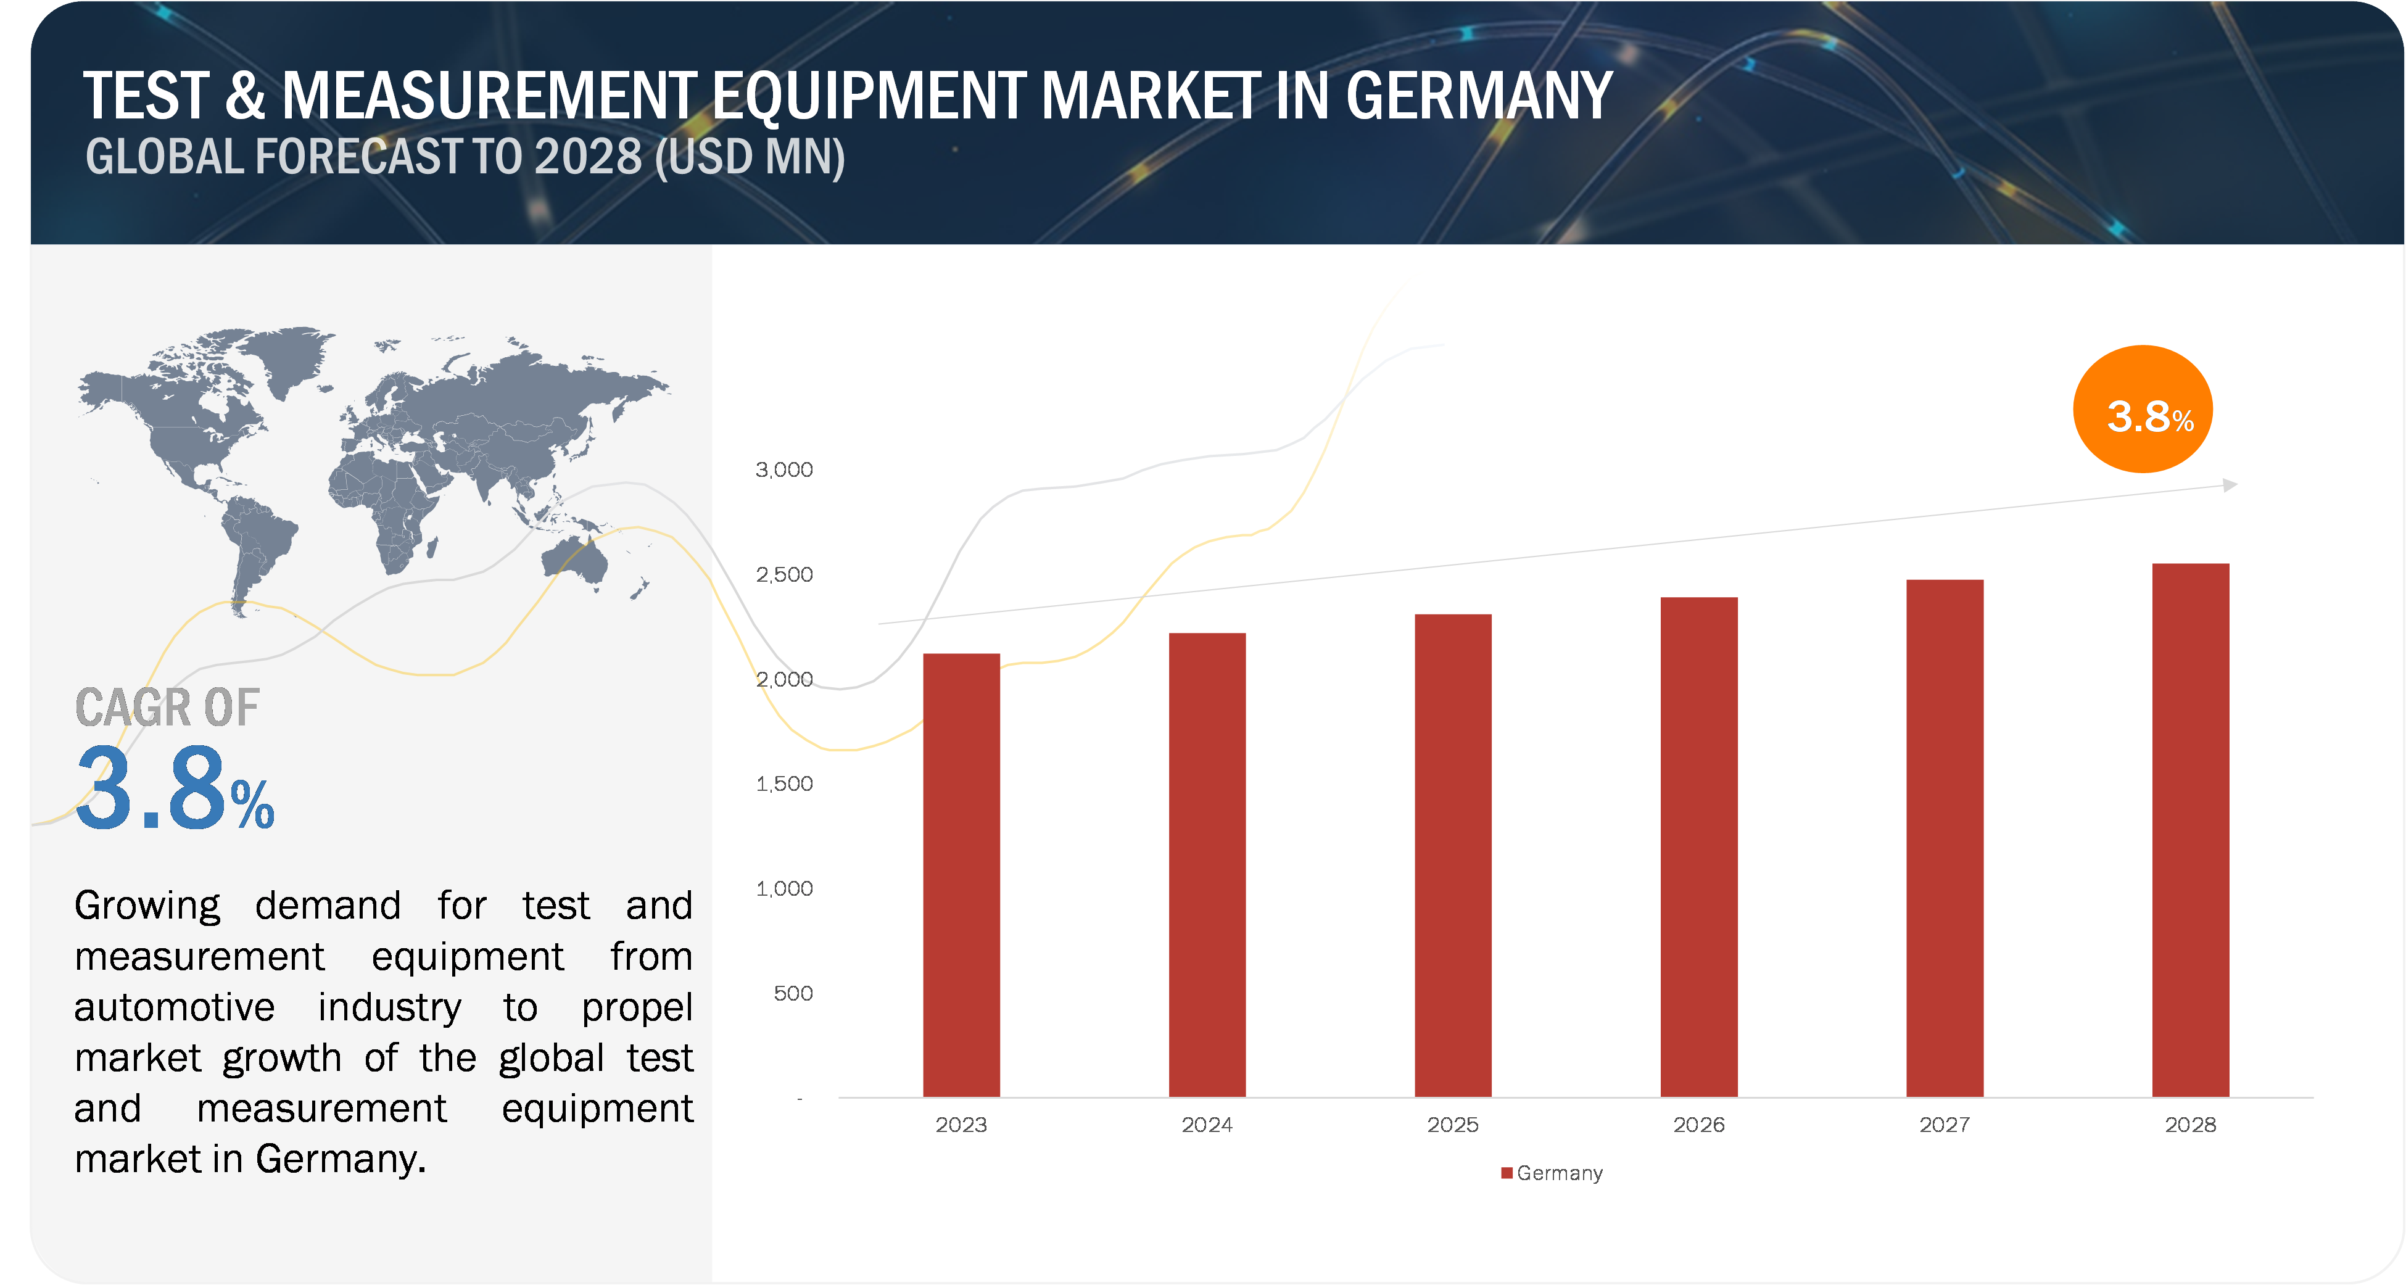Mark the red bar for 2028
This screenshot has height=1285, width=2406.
[x=2190, y=830]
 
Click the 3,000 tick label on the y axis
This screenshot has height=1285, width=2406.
[x=785, y=469]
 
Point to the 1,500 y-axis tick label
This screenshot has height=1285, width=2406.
[x=785, y=783]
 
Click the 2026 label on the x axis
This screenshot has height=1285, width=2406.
[x=1699, y=1125]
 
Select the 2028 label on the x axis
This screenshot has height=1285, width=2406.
[x=2190, y=1125]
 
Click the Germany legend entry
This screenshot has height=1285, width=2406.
[x=1552, y=1173]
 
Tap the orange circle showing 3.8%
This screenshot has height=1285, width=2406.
[x=2143, y=410]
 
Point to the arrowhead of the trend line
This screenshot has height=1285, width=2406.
[x=2230, y=485]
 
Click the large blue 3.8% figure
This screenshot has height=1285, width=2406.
[x=175, y=789]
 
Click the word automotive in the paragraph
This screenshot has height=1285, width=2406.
[x=175, y=1007]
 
